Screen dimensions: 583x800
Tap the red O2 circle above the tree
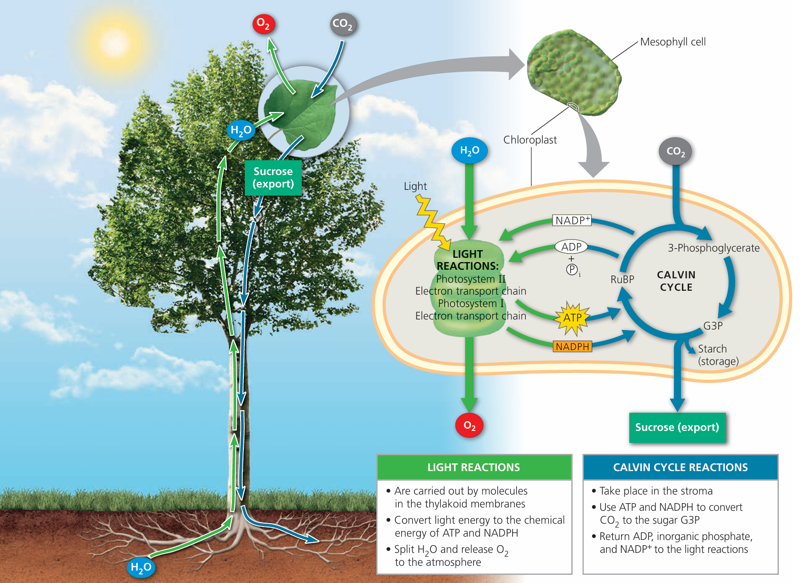coord(263,23)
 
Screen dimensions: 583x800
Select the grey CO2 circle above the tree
coord(343,24)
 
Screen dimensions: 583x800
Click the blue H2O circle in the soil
coord(141,567)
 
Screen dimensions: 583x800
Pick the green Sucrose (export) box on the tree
coord(273,178)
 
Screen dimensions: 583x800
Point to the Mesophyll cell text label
coord(672,42)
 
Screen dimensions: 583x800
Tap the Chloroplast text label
coord(530,140)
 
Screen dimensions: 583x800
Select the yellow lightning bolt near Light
coord(432,222)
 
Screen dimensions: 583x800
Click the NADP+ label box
coord(572,220)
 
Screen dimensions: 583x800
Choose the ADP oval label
coord(571,247)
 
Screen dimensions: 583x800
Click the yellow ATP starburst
coord(572,318)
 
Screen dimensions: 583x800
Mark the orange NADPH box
coord(572,347)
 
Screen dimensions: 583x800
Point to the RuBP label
coord(622,280)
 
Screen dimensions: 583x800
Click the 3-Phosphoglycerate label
coord(713,248)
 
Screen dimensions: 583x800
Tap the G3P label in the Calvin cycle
coord(712,326)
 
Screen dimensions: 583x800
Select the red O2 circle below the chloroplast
coord(469,426)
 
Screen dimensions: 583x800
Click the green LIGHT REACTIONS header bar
coord(474,467)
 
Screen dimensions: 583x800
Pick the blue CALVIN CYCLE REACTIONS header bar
coord(680,467)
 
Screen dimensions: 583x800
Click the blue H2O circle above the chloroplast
coord(470,151)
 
